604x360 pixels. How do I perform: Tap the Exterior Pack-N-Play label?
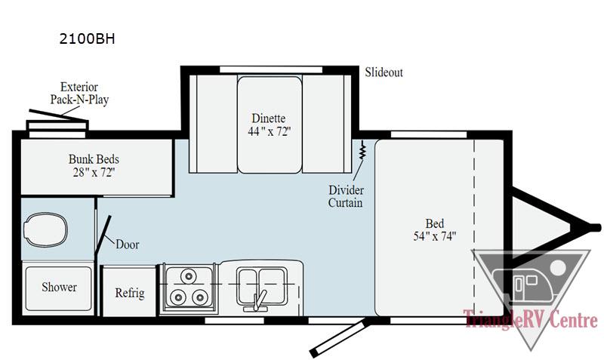click(x=79, y=93)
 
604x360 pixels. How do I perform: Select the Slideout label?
click(x=384, y=72)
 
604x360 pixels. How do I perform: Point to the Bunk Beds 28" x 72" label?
click(x=94, y=166)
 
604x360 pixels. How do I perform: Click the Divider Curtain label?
click(x=346, y=195)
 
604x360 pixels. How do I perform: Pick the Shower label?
click(x=59, y=288)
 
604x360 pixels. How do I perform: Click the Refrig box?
click(x=129, y=293)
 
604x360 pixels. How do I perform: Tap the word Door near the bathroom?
click(x=127, y=245)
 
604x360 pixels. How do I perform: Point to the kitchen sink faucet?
click(x=258, y=299)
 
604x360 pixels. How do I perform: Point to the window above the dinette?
click(x=268, y=69)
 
